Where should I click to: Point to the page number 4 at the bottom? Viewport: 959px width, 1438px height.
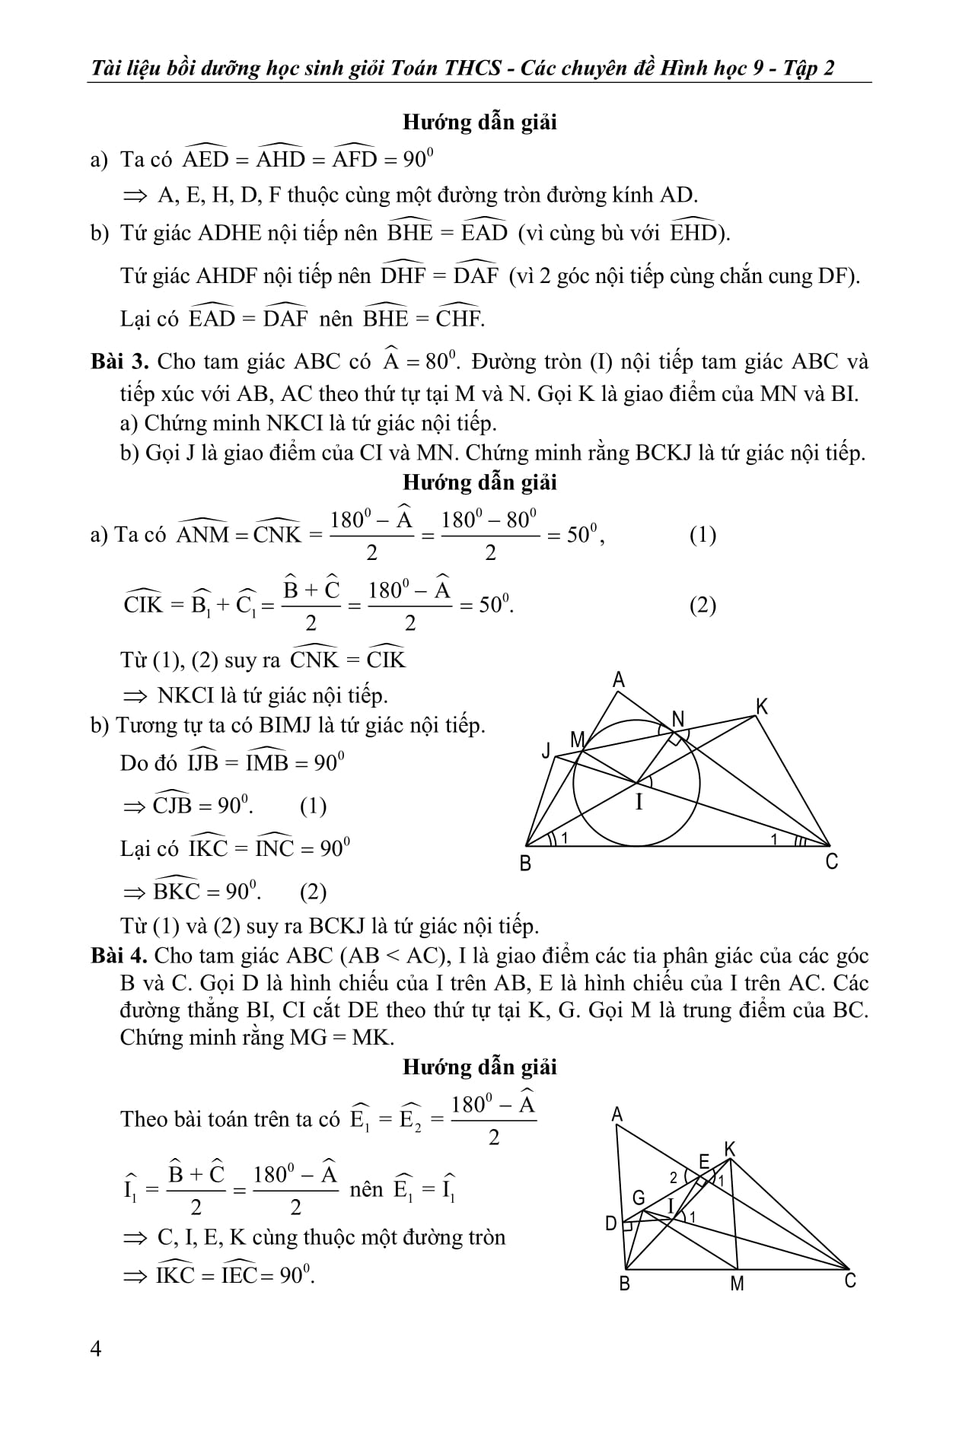tap(95, 1349)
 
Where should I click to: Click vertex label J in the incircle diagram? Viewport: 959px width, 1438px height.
tap(546, 752)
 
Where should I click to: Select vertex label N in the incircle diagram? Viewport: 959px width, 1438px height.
tap(678, 718)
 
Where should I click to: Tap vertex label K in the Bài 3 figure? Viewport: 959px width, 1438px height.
tap(762, 707)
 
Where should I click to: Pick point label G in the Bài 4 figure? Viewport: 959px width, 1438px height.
tap(639, 1198)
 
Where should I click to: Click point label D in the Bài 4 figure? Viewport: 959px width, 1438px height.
tap(611, 1223)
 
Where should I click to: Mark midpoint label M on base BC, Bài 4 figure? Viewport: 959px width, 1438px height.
tap(737, 1284)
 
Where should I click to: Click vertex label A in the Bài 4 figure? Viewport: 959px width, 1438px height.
tap(617, 1115)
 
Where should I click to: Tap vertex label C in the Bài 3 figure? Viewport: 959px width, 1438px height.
tap(832, 862)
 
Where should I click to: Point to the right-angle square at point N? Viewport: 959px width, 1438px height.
tap(674, 737)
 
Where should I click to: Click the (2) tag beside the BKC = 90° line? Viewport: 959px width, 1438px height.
tap(313, 892)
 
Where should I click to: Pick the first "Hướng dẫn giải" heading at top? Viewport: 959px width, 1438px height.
tap(479, 122)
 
